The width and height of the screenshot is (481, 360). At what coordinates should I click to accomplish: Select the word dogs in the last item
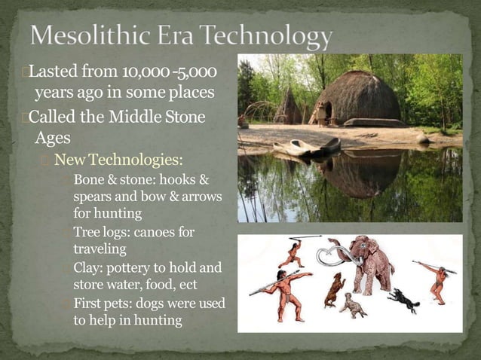coord(160,303)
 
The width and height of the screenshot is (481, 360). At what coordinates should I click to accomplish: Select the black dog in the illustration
coord(403,301)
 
